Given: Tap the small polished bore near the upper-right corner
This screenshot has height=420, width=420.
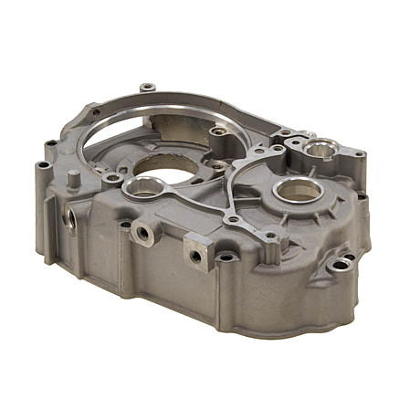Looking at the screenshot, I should pos(320,149).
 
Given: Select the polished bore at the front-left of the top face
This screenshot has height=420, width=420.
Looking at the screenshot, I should pos(143,189).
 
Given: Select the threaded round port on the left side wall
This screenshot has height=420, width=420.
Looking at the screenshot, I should pos(70,217).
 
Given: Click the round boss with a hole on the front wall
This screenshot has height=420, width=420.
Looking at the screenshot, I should pos(143,232).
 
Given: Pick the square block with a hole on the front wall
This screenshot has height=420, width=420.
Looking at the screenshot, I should pos(195,252).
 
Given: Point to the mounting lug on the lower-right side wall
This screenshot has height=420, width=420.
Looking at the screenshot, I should pos(341,266).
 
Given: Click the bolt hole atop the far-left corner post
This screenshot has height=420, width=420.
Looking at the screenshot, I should pos(42,165).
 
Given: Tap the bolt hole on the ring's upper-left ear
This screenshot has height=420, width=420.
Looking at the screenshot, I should pos(95,112).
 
